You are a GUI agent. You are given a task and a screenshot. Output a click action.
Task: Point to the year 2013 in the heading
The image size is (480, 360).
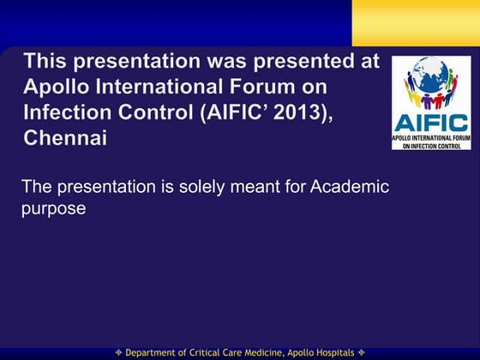(300, 112)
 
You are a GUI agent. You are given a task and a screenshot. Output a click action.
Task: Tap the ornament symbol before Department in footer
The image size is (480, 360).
(119, 353)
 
